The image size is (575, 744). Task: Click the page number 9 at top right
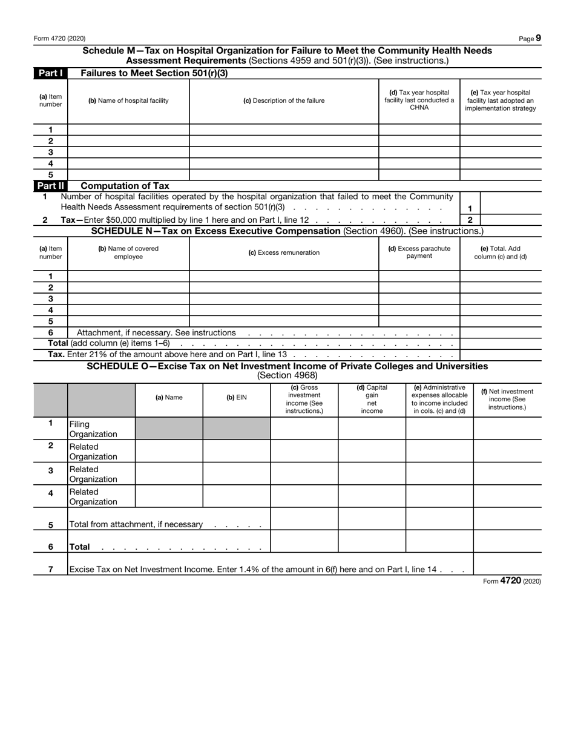(x=538, y=38)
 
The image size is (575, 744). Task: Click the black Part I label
(x=50, y=73)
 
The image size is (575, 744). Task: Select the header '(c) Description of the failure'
(x=284, y=100)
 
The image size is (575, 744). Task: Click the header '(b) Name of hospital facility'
(x=128, y=100)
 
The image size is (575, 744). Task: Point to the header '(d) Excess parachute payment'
(x=419, y=252)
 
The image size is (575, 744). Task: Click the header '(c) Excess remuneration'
(x=284, y=252)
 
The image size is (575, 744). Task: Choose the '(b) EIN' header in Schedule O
(x=236, y=398)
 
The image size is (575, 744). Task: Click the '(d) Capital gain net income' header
(x=372, y=399)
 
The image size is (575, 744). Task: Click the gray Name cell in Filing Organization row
(x=169, y=429)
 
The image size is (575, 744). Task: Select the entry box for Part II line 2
(x=511, y=220)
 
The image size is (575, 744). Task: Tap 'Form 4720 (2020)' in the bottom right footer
(x=512, y=581)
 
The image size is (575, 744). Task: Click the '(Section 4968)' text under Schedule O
(x=287, y=375)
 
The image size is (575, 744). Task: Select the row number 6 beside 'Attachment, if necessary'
(x=50, y=332)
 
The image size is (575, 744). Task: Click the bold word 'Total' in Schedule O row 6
(x=80, y=547)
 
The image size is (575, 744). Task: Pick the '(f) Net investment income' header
(x=507, y=399)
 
